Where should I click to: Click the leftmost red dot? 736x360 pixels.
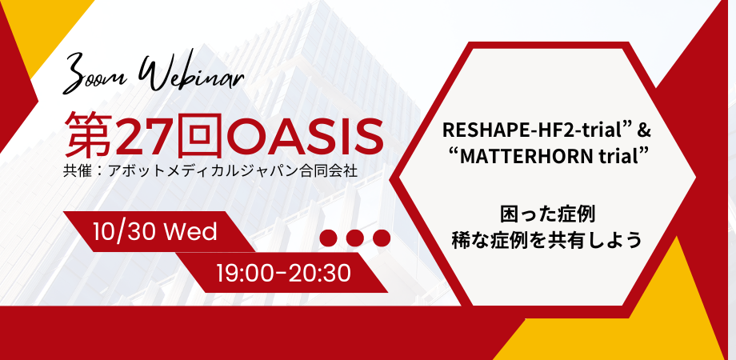(328, 238)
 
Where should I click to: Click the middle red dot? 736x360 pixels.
(354, 238)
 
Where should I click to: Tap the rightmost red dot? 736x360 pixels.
(381, 238)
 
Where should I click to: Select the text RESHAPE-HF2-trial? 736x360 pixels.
(528, 130)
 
